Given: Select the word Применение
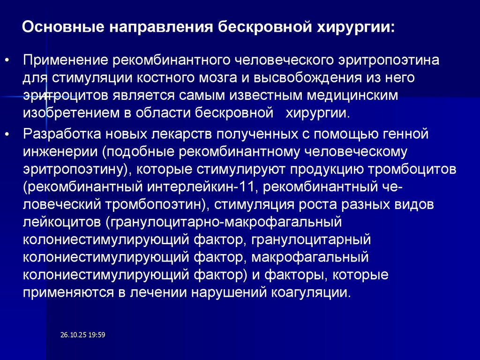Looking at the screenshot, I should point(63,60).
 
